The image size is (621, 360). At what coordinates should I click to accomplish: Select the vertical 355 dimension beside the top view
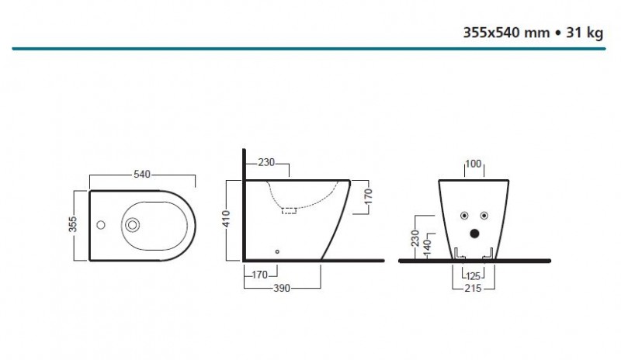click(71, 225)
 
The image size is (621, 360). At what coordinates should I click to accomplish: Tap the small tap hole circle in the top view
click(101, 226)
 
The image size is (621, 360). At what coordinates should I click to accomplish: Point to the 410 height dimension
click(224, 220)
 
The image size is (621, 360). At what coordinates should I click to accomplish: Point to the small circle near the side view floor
click(277, 251)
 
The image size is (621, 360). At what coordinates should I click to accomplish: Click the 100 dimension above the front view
click(474, 164)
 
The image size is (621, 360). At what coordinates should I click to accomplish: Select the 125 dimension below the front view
click(474, 275)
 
